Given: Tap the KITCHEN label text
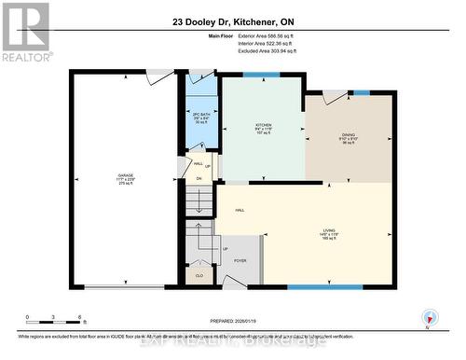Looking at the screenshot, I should click(264, 124).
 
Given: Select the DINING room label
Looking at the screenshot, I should click(349, 133).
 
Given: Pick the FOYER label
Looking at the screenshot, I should click(240, 261).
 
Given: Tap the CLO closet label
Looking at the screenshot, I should click(199, 276).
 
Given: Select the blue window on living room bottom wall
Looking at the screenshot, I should click(324, 286).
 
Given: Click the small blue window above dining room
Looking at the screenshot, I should click(362, 91).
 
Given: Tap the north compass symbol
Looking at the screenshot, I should click(430, 317).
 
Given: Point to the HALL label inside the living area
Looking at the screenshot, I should click(240, 210).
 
